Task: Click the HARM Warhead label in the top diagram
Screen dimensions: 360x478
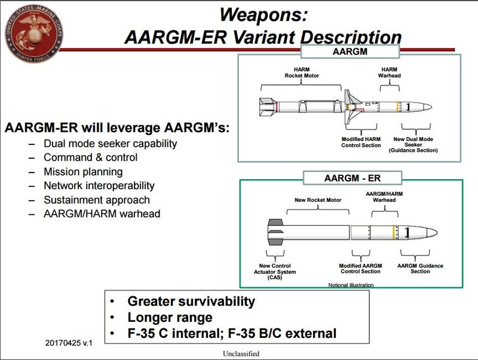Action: [x=390, y=73]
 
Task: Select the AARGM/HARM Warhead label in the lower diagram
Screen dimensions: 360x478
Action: [x=381, y=198]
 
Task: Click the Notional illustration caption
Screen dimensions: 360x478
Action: [x=351, y=284]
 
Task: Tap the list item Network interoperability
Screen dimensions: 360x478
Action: [x=99, y=186]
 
